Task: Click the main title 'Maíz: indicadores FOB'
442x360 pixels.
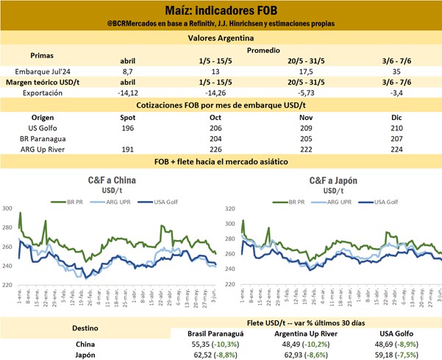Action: tap(221, 10)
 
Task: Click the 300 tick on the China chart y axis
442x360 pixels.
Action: tap(8, 209)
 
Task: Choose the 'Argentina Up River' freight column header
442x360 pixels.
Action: tap(302, 332)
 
